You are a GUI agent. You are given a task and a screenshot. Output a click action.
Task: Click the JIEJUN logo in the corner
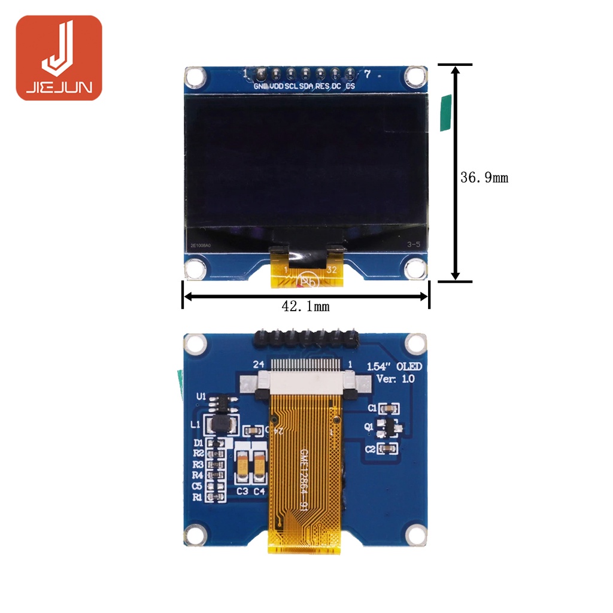pyautogui.click(x=59, y=57)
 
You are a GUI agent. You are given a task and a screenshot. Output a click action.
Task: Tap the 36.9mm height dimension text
pyautogui.click(x=484, y=178)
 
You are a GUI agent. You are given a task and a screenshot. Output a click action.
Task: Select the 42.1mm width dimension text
pyautogui.click(x=305, y=306)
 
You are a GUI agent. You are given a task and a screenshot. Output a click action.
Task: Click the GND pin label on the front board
pyautogui.click(x=261, y=86)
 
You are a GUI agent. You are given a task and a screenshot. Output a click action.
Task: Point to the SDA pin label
pyautogui.click(x=306, y=86)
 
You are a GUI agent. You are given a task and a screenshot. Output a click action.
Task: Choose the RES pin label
pyautogui.click(x=322, y=86)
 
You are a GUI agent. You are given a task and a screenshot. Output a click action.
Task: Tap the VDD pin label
pyautogui.click(x=277, y=86)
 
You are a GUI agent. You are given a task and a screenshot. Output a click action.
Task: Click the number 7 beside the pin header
pyautogui.click(x=368, y=74)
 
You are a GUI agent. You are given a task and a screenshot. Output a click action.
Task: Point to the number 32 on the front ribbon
pyautogui.click(x=331, y=269)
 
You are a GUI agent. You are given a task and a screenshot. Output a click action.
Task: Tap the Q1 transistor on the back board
pyautogui.click(x=390, y=427)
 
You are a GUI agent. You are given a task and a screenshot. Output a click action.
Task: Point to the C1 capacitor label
pyautogui.click(x=372, y=408)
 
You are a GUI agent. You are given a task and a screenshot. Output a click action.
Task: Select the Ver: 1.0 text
pyautogui.click(x=395, y=378)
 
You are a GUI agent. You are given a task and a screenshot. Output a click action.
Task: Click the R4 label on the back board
pyautogui.click(x=198, y=475)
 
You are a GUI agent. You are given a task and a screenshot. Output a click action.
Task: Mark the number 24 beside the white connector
pyautogui.click(x=258, y=364)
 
